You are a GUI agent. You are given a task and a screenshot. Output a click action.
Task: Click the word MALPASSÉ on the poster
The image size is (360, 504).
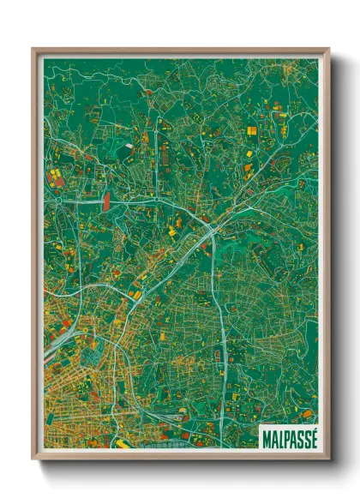[x=287, y=435]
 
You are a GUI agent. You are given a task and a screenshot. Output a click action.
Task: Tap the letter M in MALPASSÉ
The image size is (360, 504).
[x=264, y=435]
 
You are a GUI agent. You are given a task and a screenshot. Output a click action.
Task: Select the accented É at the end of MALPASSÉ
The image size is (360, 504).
[x=312, y=435]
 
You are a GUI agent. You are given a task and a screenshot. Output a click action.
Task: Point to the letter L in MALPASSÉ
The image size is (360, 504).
[x=277, y=435]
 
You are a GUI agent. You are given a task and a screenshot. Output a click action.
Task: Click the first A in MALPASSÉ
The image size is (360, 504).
[x=271, y=435]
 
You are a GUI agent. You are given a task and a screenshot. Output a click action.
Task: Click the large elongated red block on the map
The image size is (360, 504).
[x=106, y=200]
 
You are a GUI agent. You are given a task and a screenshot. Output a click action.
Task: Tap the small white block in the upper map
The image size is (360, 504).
[x=129, y=146]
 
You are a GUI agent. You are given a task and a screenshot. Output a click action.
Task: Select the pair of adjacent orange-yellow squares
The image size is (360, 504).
[x=252, y=130]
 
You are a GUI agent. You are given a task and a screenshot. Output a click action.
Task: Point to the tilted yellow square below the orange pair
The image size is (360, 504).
[x=249, y=153]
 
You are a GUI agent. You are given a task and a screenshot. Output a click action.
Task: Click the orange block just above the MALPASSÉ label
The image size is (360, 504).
[x=306, y=414]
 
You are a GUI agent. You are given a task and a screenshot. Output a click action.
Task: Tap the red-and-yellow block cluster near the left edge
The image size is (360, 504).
[x=55, y=177]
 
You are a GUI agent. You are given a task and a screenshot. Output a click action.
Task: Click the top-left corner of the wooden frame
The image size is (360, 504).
[x=33, y=49]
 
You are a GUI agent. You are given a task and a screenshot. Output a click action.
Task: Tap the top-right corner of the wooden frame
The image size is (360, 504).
[x=328, y=49]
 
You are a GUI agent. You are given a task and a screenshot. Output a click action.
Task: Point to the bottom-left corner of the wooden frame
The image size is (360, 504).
[x=33, y=458]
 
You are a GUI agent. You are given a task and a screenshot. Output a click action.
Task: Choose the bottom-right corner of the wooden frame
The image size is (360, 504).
[x=328, y=458]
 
